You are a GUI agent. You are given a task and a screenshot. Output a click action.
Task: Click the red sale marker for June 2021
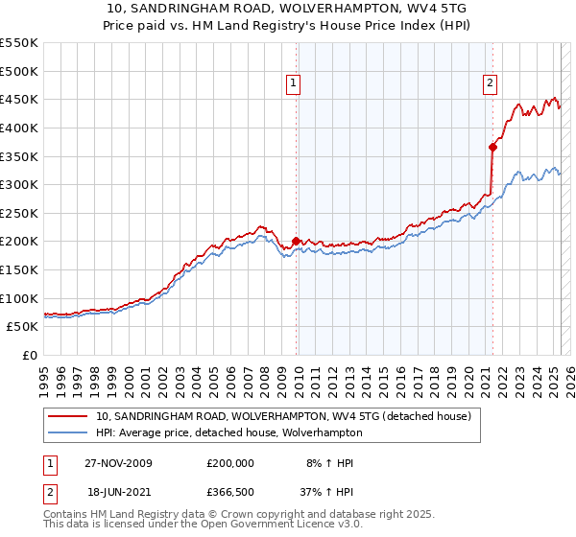point(492,147)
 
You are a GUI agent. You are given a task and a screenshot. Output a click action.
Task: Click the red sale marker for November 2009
point(296,242)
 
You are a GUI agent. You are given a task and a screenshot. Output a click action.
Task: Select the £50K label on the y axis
point(23,327)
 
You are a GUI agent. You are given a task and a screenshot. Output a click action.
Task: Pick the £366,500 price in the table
point(230,492)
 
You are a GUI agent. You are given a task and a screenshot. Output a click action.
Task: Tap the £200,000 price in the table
point(230,463)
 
